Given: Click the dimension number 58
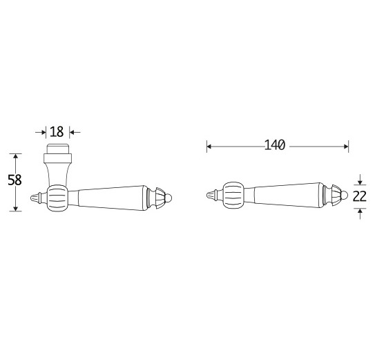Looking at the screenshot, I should pyautogui.click(x=15, y=180).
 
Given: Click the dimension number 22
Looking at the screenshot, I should pyautogui.click(x=360, y=196).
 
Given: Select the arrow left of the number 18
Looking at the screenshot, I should pyautogui.click(x=42, y=131).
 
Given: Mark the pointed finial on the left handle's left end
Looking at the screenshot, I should pyautogui.click(x=37, y=199).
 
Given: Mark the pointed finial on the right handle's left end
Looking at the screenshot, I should pyautogui.click(x=213, y=196).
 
